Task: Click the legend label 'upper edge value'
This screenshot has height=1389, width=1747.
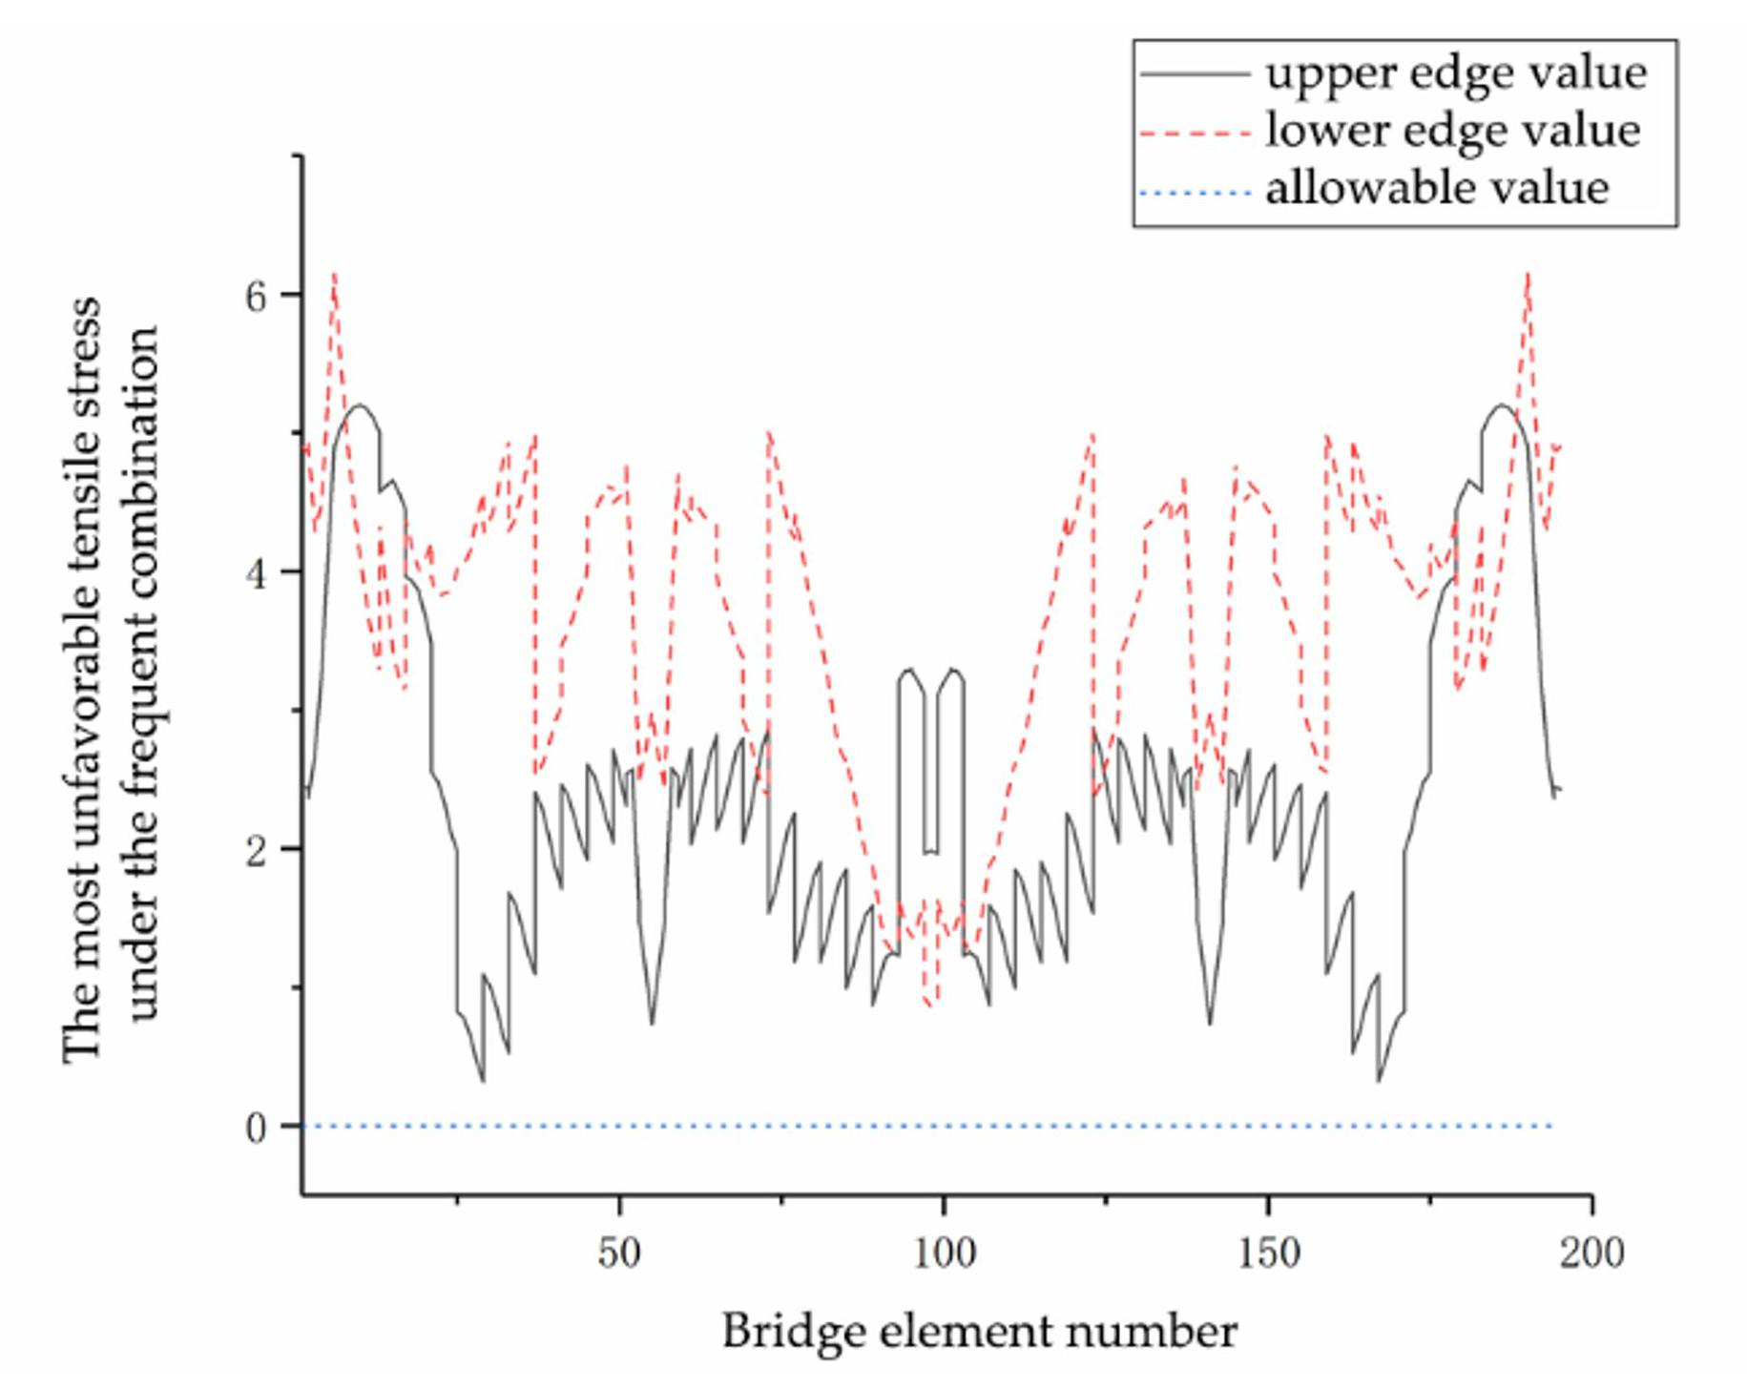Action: (1455, 73)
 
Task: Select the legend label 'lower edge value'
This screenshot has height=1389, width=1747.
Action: (1452, 131)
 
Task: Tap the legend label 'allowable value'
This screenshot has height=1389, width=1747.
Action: (1436, 188)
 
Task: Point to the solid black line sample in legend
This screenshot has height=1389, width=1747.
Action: (1195, 73)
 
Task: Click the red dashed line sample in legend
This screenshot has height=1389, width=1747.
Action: (1195, 134)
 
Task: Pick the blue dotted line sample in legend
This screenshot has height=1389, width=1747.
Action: (1195, 194)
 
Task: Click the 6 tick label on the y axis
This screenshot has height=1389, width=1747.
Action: (256, 297)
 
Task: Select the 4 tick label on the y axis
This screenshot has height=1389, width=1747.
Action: (256, 575)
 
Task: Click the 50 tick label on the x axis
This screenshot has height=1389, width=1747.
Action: (619, 1253)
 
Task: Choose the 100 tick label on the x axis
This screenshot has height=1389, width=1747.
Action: (944, 1253)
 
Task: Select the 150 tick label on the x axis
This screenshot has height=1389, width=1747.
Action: (1268, 1253)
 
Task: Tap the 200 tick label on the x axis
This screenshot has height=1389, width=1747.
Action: (1591, 1253)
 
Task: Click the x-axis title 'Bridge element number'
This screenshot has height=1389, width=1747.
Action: (979, 1331)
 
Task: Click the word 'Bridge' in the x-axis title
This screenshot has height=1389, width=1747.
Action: (783, 1331)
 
